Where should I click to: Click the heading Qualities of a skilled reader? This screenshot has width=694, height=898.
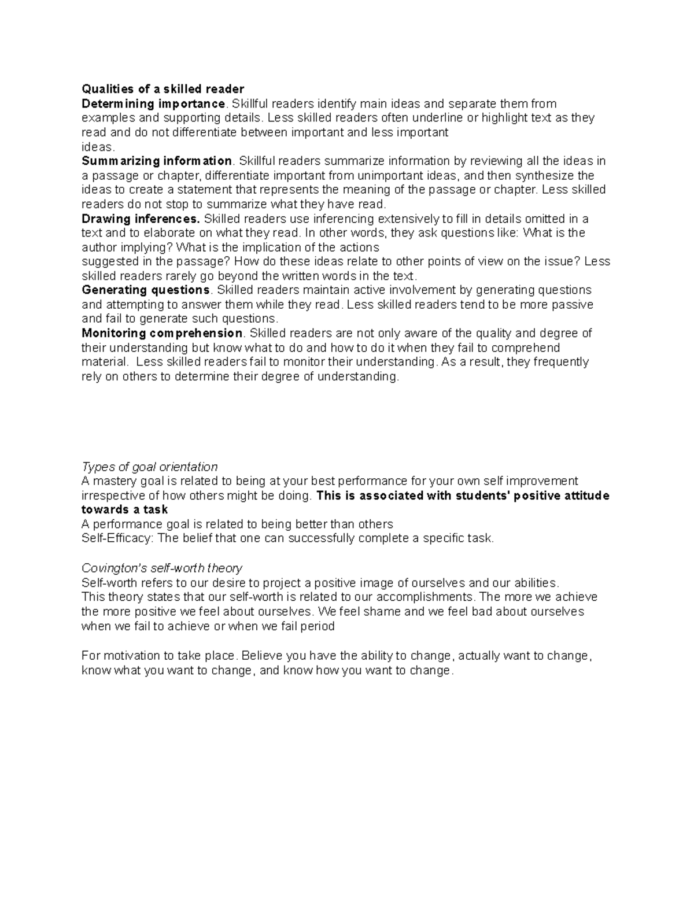click(x=163, y=89)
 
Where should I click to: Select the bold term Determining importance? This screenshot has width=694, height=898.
click(x=153, y=104)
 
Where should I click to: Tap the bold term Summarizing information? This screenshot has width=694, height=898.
click(x=157, y=161)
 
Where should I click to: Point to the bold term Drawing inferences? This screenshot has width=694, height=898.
click(x=141, y=219)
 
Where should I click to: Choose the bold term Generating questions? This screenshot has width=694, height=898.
click(x=146, y=290)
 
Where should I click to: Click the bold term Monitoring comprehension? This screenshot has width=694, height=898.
click(x=162, y=333)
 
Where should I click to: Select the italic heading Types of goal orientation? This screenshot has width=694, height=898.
click(x=149, y=467)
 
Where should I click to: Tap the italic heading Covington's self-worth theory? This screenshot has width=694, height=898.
click(x=161, y=568)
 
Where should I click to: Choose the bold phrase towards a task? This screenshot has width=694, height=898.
click(x=124, y=509)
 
